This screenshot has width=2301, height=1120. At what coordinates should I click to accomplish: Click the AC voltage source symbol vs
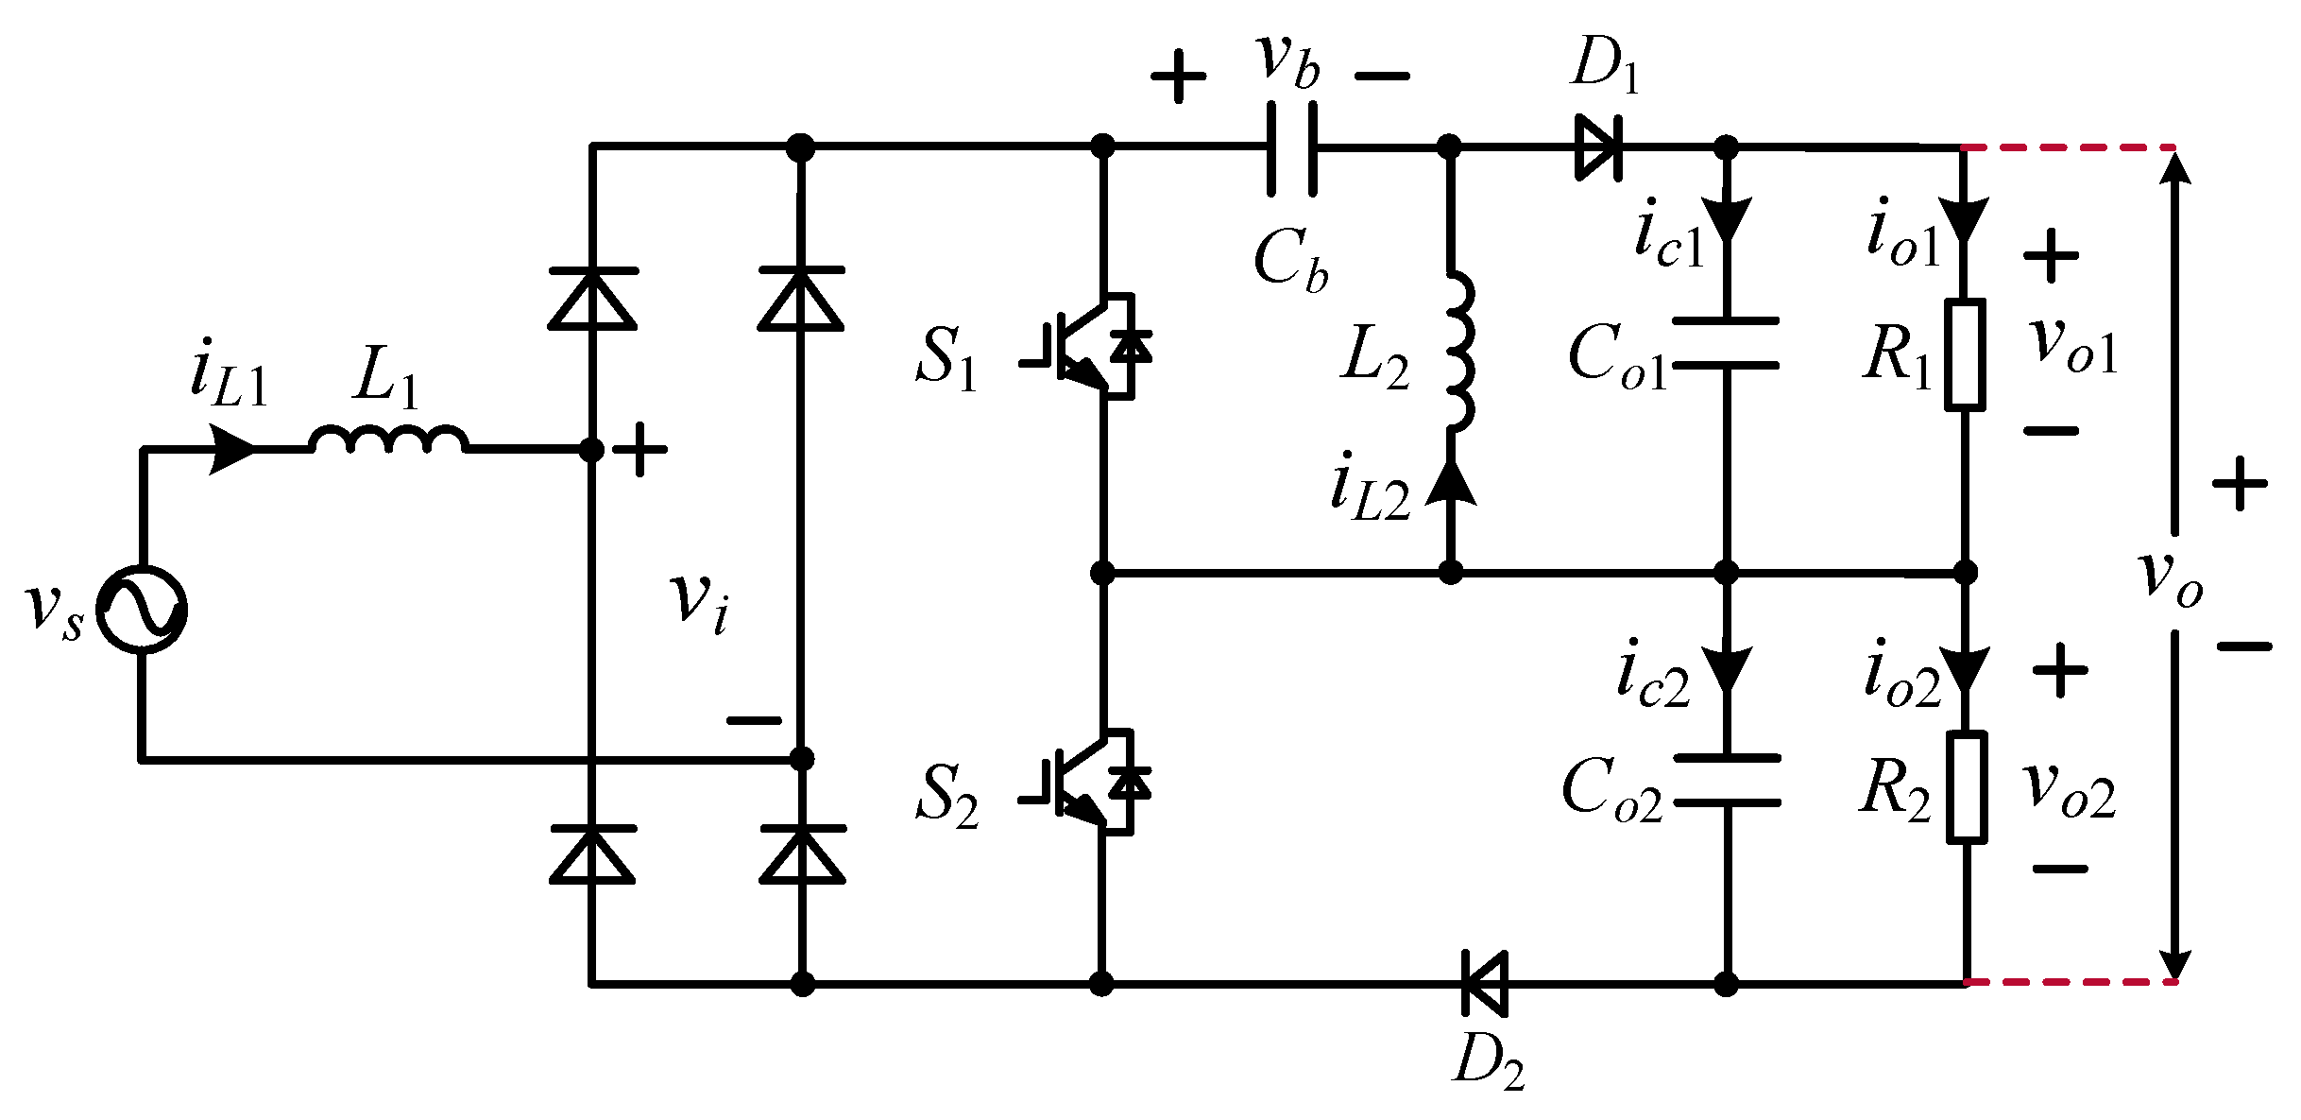tap(143, 609)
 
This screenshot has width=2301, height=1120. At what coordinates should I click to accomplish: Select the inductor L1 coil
tap(388, 440)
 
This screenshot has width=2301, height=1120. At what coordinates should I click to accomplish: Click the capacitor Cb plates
tap(1290, 148)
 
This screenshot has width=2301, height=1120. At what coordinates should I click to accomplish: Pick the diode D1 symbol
tap(1598, 147)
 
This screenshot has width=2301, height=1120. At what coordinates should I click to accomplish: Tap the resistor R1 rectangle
tap(1965, 354)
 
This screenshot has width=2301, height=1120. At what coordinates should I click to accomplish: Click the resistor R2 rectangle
tap(1967, 786)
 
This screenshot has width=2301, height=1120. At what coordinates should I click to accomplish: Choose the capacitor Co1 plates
tap(1726, 342)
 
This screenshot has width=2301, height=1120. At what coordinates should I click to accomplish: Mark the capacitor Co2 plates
tap(1727, 780)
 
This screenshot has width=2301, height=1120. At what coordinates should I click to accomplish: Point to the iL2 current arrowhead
tap(1451, 483)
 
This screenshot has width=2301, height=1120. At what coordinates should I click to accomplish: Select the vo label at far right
tap(2171, 577)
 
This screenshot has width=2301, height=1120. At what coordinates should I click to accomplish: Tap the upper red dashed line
tap(2069, 148)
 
